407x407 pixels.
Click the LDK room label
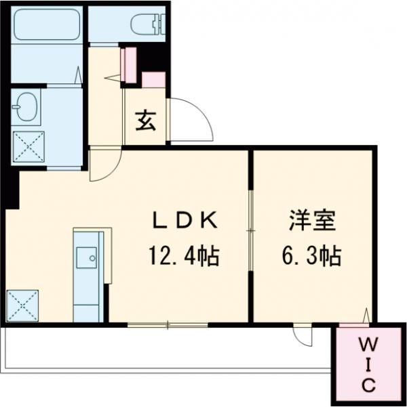[184, 221]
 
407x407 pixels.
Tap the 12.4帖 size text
[184, 257]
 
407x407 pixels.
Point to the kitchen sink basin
[86, 257]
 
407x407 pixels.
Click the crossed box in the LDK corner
[22, 305]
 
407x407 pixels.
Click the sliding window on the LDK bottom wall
[167, 326]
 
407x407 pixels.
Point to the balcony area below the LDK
[163, 349]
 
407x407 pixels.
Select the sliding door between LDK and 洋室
[250, 230]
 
